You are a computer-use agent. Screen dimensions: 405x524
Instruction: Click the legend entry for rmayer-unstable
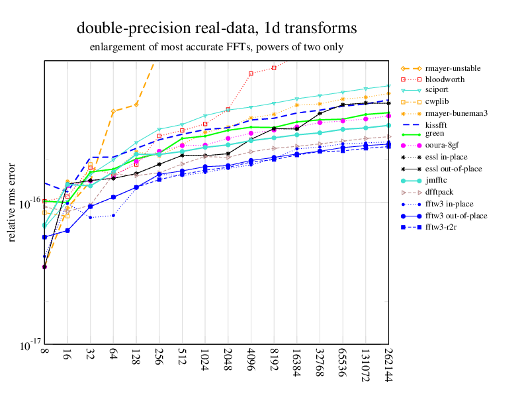click(x=453, y=68)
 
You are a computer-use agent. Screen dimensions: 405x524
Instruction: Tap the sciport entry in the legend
click(x=440, y=91)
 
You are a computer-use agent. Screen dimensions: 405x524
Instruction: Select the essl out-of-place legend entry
click(x=453, y=169)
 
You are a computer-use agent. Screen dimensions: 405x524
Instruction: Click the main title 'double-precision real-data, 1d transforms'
click(x=216, y=28)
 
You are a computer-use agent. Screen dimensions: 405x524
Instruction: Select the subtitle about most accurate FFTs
click(x=216, y=48)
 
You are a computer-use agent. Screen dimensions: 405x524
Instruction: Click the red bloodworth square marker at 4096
click(x=251, y=73)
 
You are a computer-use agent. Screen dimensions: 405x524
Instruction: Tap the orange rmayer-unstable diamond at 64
click(x=113, y=111)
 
